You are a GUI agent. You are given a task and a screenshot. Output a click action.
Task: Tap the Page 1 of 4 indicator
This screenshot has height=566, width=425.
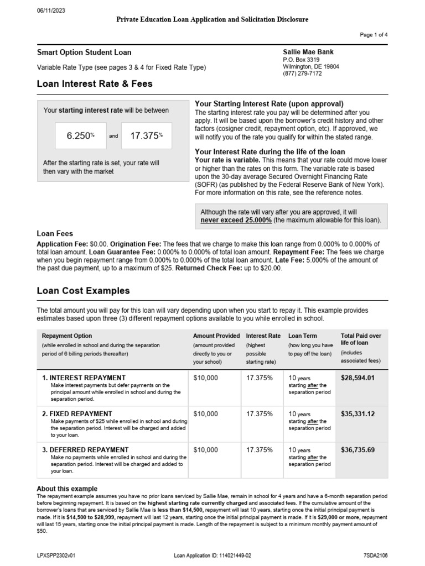(374, 34)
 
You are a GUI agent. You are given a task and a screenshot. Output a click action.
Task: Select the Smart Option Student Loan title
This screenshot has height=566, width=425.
(84, 53)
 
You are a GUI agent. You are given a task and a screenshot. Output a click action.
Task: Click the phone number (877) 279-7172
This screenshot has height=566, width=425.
(302, 74)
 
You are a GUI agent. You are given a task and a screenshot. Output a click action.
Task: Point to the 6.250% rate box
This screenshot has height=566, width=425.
(81, 136)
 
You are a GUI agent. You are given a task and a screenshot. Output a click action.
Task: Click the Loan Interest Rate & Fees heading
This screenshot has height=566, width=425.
(95, 84)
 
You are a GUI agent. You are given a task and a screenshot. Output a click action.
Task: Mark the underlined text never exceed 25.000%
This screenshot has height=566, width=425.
(236, 220)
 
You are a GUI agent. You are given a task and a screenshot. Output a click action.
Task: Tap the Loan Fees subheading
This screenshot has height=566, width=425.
(55, 234)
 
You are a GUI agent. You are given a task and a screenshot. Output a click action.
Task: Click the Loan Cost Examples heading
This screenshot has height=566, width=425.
(83, 290)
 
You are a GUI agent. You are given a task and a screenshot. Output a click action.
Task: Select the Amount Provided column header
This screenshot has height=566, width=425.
(216, 336)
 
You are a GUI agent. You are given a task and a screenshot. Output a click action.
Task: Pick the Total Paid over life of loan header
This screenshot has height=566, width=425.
(361, 339)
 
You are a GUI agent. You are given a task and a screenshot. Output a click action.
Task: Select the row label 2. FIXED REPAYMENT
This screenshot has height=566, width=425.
(77, 413)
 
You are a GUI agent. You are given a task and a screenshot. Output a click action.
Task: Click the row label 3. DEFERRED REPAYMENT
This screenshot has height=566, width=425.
(85, 449)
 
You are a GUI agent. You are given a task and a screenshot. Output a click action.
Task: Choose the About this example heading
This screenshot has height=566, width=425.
(67, 489)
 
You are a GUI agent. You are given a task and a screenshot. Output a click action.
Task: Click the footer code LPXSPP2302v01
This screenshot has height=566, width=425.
(57, 555)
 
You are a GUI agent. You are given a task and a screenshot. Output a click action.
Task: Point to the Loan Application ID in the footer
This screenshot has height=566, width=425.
(212, 555)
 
